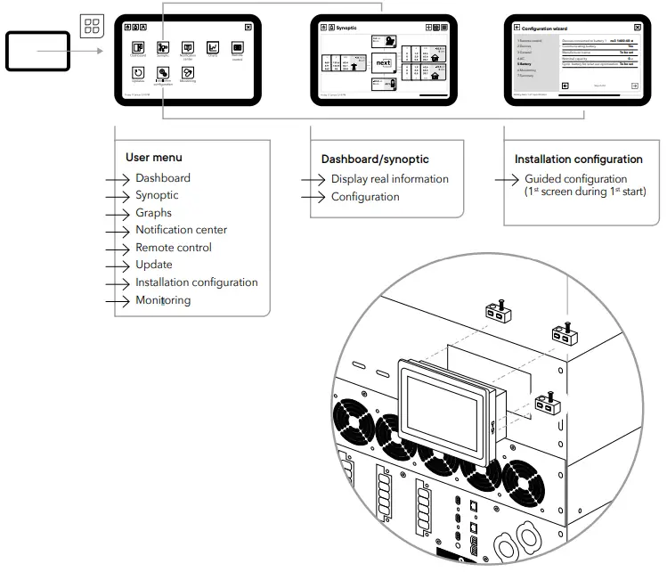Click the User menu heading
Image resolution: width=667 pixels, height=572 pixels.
153,158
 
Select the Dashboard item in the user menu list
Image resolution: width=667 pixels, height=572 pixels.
162,178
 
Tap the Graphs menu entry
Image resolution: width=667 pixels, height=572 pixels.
153,213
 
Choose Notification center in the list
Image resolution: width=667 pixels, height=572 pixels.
181,230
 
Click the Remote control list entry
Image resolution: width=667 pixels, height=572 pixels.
173,248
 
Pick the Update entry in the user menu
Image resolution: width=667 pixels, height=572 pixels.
153,265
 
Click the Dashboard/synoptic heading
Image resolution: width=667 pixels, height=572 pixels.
374,159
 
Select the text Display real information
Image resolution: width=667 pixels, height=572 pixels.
389,179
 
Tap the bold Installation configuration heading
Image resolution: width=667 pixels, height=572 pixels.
578,159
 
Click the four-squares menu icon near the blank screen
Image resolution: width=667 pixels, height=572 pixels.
92,26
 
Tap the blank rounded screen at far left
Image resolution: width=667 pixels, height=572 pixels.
37,51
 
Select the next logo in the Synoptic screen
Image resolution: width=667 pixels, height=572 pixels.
383,64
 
